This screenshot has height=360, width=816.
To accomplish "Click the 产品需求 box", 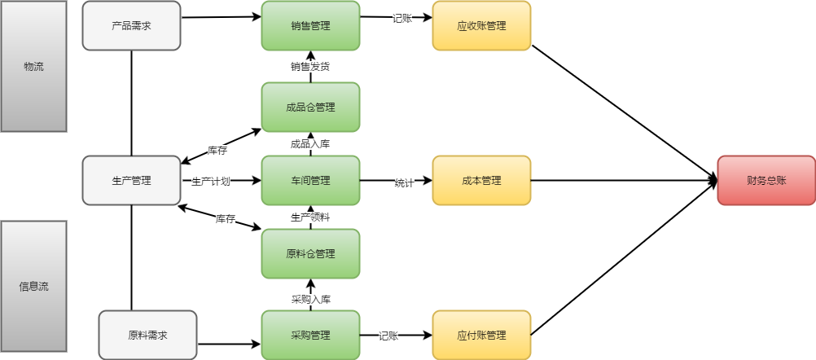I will point(131,25).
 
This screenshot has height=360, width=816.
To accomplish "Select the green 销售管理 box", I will point(310,25).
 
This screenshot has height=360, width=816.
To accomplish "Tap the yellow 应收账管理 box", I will point(481,25).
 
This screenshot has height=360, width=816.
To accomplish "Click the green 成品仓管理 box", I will point(310,107).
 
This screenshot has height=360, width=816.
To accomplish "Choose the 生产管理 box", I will point(131,180).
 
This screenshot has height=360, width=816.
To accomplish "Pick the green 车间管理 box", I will point(310,180).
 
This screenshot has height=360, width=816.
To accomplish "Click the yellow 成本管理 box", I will point(481,180).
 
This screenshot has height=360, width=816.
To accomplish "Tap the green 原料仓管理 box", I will point(310,253).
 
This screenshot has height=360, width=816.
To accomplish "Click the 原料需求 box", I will point(147,335).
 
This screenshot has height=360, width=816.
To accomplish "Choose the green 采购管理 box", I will point(310,335).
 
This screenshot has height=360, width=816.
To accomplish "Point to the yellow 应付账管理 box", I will point(481,335).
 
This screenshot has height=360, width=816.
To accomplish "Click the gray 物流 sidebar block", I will point(33,66).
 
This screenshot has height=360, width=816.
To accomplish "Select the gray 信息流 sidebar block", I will point(33,286).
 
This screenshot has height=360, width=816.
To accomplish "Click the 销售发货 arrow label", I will point(310,67).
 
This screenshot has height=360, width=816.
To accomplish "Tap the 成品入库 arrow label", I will point(310,144).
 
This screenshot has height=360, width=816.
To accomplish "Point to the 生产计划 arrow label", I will point(211,181).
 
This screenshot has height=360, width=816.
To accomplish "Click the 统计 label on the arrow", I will point(404,182).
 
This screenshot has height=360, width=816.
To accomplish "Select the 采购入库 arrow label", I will point(310,299).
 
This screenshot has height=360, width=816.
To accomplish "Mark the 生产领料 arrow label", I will point(310,217).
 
